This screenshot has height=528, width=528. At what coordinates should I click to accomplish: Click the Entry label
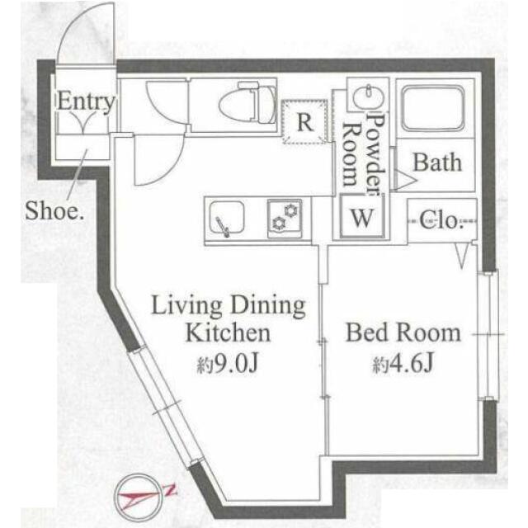pyautogui.click(x=86, y=101)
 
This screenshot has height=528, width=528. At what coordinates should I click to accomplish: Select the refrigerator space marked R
pyautogui.click(x=305, y=122)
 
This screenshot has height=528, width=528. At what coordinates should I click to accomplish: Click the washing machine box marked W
pyautogui.click(x=362, y=218)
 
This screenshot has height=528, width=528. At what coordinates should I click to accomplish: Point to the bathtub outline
pyautogui.click(x=433, y=108)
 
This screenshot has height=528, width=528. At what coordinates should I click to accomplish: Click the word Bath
pyautogui.click(x=437, y=163)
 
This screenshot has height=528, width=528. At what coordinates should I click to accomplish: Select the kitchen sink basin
pyautogui.click(x=226, y=218)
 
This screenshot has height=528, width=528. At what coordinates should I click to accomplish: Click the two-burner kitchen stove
pyautogui.click(x=285, y=219)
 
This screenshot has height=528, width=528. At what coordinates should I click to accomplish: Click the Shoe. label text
pyautogui.click(x=54, y=210)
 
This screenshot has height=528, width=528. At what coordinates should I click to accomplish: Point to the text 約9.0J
pyautogui.click(x=228, y=365)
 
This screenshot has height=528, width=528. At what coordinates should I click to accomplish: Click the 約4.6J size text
pyautogui.click(x=403, y=363)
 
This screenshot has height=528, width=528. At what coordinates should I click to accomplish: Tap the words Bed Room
pyautogui.click(x=403, y=332)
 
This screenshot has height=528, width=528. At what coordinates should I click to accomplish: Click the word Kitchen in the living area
pyautogui.click(x=228, y=332)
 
